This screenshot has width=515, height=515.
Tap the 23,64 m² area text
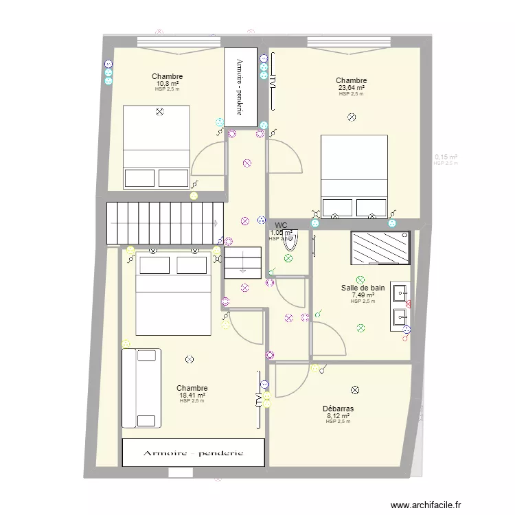(x=351, y=88)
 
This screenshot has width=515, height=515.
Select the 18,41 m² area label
(x=192, y=396)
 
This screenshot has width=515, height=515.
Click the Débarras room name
(x=339, y=409)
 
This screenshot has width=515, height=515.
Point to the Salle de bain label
(x=363, y=288)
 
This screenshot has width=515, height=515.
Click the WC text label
(x=281, y=225)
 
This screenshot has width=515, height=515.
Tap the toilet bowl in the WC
(x=290, y=240)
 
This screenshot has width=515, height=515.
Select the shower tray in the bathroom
(x=380, y=247)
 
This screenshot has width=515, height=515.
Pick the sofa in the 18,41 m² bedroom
(x=141, y=388)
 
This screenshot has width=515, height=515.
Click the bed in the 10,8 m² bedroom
(x=156, y=146)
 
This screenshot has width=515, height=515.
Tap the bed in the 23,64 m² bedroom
(x=354, y=176)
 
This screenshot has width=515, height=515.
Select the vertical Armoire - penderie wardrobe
(x=241, y=87)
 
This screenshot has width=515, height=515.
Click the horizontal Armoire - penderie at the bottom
(x=193, y=453)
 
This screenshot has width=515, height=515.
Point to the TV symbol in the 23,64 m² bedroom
(x=272, y=81)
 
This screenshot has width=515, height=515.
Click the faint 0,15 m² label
(x=446, y=157)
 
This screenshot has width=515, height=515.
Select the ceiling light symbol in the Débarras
(x=355, y=390)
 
